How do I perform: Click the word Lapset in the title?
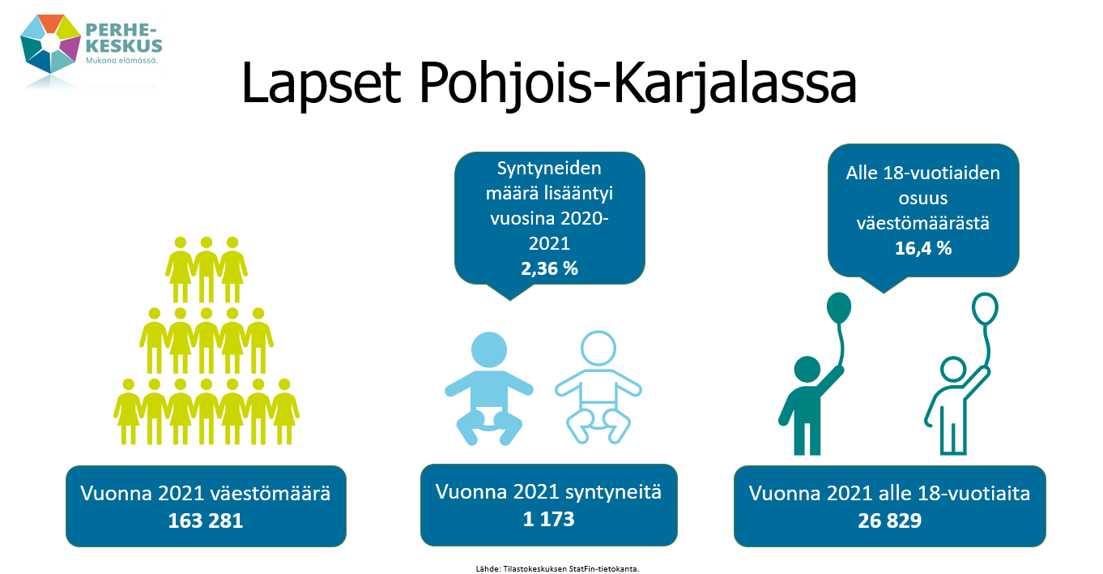click(321, 84)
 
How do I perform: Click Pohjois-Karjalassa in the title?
click(637, 84)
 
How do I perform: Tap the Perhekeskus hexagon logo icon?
click(50, 44)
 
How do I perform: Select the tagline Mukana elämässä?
click(121, 61)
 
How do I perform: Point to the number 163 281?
click(206, 520)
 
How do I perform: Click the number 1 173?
click(548, 519)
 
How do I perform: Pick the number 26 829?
click(889, 520)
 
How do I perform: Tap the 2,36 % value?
click(550, 268)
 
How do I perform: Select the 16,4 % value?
click(923, 248)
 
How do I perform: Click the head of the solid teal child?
click(807, 370)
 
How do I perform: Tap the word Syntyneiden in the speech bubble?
click(549, 169)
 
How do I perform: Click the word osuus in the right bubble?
click(922, 199)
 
